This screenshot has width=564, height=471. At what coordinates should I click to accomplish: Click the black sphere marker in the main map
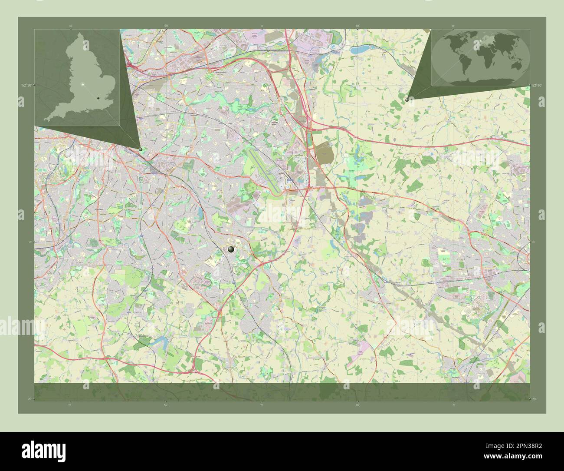click(x=231, y=249)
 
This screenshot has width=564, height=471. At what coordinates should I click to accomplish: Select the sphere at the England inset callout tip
click(x=141, y=149)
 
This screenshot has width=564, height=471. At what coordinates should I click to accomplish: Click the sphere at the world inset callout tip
click(x=407, y=100)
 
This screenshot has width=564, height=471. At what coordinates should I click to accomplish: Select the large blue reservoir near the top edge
click(x=359, y=51)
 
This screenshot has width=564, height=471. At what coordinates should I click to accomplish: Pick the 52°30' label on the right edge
click(x=537, y=86)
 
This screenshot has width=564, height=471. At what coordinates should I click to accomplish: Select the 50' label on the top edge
click(x=166, y=27)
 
